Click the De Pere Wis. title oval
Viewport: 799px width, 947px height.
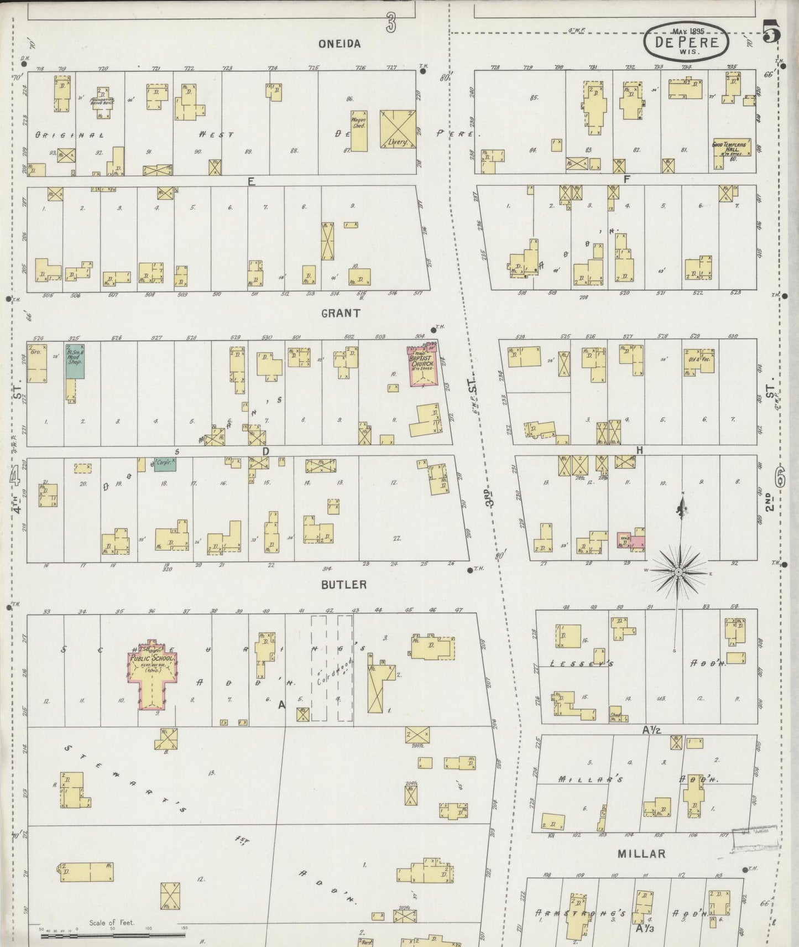(x=686, y=41)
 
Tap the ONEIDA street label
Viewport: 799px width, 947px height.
(x=339, y=44)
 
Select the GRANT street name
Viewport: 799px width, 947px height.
(x=341, y=313)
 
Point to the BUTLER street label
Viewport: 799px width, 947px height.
(x=344, y=585)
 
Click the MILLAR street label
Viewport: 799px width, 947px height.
(x=641, y=854)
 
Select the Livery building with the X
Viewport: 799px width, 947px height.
(x=398, y=129)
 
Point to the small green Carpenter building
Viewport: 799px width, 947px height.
(x=165, y=464)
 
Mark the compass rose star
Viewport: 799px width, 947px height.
(x=678, y=572)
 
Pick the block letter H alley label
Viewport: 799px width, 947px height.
(x=639, y=451)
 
